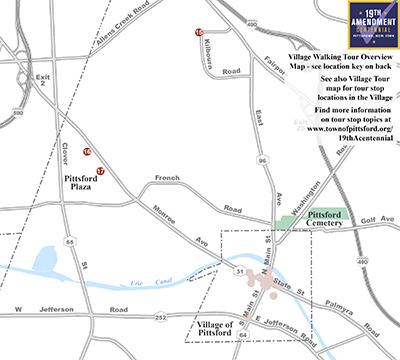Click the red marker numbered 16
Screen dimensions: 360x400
(87, 152)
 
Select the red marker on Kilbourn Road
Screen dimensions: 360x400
(199, 33)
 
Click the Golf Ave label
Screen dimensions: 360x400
(378, 217)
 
